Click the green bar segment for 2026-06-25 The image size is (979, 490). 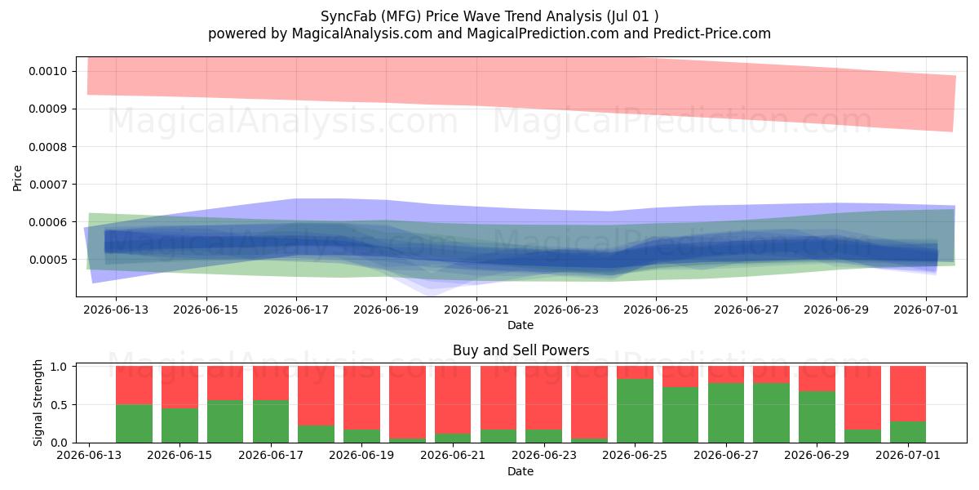click(x=635, y=411)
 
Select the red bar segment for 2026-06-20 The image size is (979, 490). click(x=407, y=403)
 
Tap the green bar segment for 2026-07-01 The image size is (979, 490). click(x=908, y=432)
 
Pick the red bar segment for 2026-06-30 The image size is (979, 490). click(x=862, y=399)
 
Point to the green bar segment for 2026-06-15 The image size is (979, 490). click(x=179, y=425)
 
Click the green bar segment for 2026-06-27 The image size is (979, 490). click(x=726, y=413)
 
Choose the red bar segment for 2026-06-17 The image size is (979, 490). click(x=271, y=383)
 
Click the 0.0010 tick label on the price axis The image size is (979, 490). click(x=47, y=71)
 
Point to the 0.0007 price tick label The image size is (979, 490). click(x=47, y=185)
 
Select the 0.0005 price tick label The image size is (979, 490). click(x=47, y=260)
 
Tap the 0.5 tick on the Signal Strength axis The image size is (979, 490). click(x=59, y=405)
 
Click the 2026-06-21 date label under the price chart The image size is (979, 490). click(x=476, y=310)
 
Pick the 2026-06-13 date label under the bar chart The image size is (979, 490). click(x=89, y=455)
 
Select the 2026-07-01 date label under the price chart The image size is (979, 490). click(x=926, y=310)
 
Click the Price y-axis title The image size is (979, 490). click(x=17, y=178)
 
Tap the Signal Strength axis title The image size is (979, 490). click(x=38, y=403)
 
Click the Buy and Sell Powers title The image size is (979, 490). click(x=521, y=350)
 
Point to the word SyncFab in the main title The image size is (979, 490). click(x=348, y=16)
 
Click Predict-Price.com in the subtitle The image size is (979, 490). click(x=712, y=33)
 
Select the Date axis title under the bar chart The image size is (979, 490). click(x=521, y=471)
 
